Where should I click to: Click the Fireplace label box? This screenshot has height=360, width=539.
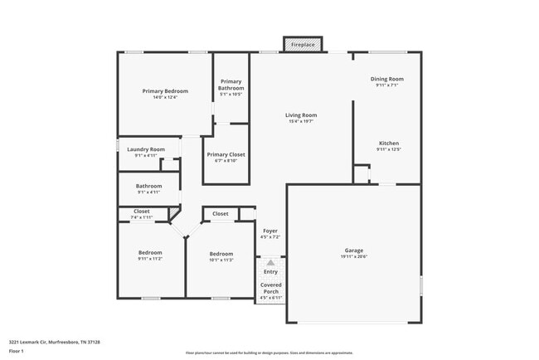tap(302, 44)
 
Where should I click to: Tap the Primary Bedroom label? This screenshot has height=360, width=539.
tap(165, 90)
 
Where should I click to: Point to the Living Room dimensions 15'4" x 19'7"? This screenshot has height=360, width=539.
tap(301, 121)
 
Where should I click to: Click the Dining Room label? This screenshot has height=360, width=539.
tap(386, 78)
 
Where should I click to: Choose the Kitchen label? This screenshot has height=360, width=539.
tap(389, 143)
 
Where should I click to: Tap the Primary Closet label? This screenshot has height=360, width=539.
tap(226, 154)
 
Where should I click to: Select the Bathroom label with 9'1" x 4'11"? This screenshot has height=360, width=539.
tap(148, 186)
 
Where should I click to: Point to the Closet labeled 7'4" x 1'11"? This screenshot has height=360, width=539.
tap(142, 212)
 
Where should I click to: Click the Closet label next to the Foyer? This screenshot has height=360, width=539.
tap(221, 214)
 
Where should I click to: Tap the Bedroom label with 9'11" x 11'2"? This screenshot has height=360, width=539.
tap(150, 252)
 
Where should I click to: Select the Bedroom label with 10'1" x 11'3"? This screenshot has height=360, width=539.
tap(221, 254)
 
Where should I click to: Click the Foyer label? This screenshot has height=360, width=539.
tap(270, 231)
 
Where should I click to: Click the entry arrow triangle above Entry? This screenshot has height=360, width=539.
tap(270, 262)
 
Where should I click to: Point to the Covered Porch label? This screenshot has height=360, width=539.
tap(271, 288)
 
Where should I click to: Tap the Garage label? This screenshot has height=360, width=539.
tap(354, 250)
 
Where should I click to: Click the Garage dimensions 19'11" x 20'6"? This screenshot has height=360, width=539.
tap(354, 256)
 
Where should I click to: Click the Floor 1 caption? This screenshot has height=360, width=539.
tap(17, 351)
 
